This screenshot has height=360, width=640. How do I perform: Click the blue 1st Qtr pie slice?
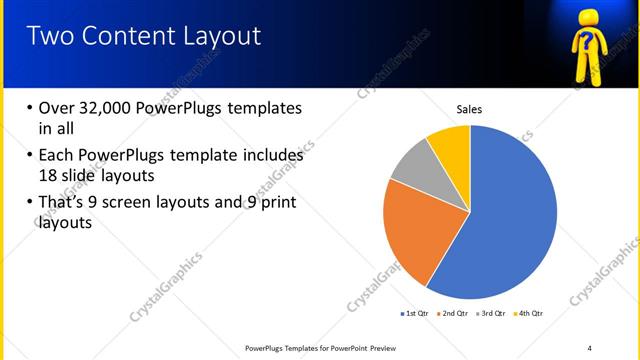pyautogui.click(x=510, y=220)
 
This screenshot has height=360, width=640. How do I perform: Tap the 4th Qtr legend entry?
pyautogui.click(x=528, y=313)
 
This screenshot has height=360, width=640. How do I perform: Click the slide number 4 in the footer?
pyautogui.click(x=590, y=347)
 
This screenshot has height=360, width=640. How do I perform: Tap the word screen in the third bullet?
pyautogui.click(x=145, y=203)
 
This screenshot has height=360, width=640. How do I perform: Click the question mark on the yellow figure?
pyautogui.click(x=587, y=41)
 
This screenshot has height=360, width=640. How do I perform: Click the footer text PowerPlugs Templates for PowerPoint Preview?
pyautogui.click(x=326, y=347)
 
